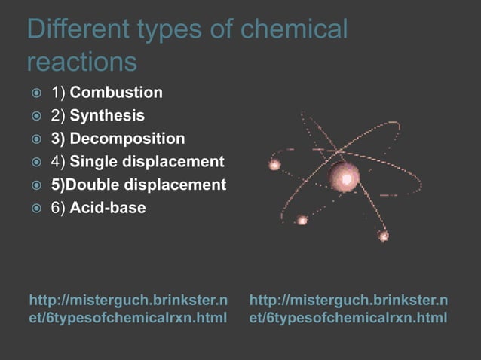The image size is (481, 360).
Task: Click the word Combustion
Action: (115, 93)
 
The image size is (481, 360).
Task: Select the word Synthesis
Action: (107, 116)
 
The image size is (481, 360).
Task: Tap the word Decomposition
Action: (127, 139)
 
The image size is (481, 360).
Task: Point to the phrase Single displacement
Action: (147, 161)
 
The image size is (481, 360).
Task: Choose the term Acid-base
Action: (108, 207)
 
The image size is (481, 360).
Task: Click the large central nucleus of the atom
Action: (345, 178)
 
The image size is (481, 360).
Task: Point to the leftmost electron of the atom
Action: (274, 163)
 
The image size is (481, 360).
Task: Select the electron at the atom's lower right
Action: (383, 236)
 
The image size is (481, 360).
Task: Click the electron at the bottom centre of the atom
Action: (302, 220)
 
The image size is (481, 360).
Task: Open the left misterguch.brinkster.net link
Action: (127, 309)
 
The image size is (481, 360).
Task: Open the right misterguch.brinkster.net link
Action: (348, 309)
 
